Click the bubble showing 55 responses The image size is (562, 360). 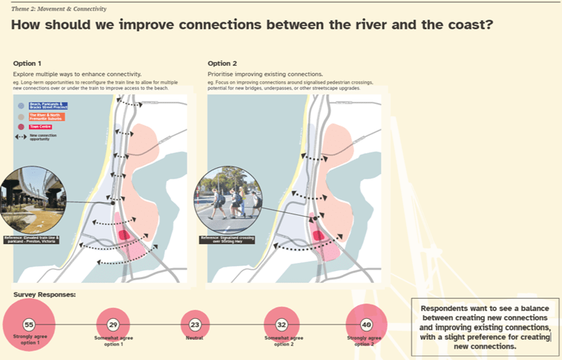point(29,325)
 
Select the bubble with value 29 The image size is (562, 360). point(113,326)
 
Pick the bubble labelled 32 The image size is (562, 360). point(282,326)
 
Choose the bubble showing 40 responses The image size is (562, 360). point(366,326)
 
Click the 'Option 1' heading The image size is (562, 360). point(28,63)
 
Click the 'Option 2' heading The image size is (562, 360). point(222,63)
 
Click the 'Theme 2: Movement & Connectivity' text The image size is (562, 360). point(58,9)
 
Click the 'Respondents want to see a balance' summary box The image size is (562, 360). point(485,327)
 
